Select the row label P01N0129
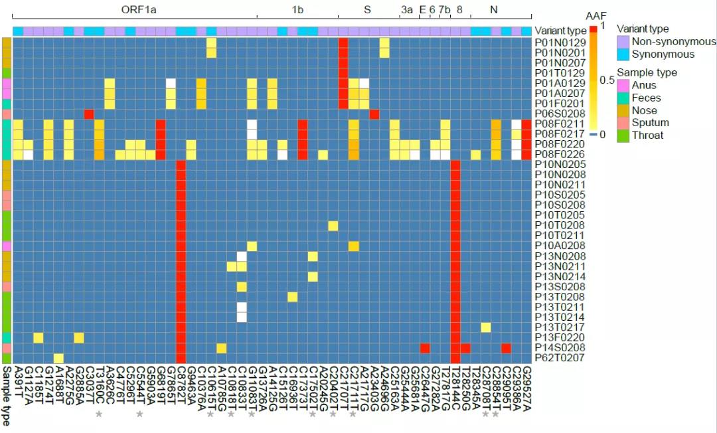(x=560, y=43)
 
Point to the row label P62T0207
(x=560, y=359)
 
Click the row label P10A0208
(x=560, y=246)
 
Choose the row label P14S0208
(x=560, y=348)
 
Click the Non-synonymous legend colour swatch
(x=623, y=42)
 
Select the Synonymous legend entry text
(x=663, y=54)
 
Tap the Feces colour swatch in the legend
(x=623, y=98)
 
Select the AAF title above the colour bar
(x=595, y=16)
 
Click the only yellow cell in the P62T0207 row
(x=58, y=359)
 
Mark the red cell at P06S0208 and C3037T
(x=89, y=114)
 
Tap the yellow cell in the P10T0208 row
(x=333, y=226)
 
